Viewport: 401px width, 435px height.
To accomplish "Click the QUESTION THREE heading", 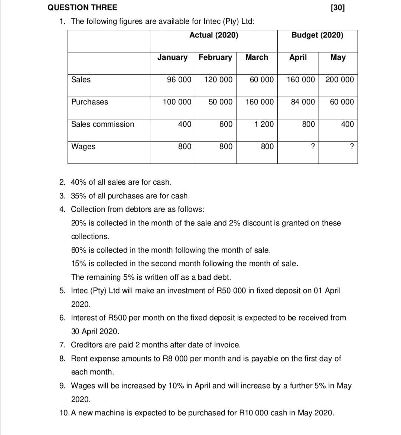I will tap(82, 7).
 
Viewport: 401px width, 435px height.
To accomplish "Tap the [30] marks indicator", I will tap(337, 7).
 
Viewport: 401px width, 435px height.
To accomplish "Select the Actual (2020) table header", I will tap(214, 35).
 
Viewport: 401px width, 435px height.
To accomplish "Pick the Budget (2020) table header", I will tap(317, 35).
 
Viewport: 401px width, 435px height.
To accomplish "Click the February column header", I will tap(215, 58).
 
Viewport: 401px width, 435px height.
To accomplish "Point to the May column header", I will tap(338, 58).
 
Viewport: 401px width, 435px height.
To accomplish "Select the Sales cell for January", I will tap(179, 80).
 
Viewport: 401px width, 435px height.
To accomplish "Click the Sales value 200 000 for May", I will tap(340, 80).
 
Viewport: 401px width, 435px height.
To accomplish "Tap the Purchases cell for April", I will tap(303, 102).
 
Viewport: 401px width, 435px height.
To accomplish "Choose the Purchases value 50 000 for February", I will tap(221, 102).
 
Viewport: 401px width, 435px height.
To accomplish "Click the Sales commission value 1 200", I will tap(264, 124).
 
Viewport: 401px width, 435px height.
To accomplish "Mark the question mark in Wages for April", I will tap(313, 147).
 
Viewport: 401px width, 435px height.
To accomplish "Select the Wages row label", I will tap(83, 147).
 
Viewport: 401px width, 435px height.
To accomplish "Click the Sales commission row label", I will tap(102, 124).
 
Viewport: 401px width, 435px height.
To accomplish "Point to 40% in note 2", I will tap(79, 182).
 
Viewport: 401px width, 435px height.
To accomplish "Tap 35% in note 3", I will tap(79, 196).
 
